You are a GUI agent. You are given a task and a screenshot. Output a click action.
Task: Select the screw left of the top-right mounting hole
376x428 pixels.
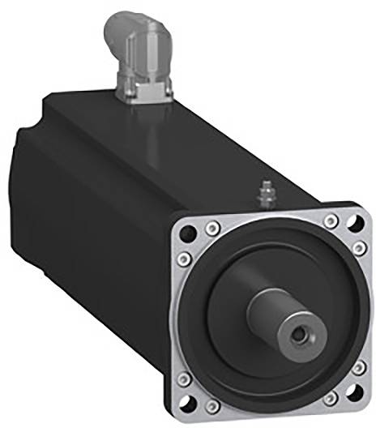click(329, 220)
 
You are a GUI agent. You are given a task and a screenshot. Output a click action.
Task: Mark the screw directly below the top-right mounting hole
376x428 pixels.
click(357, 243)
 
